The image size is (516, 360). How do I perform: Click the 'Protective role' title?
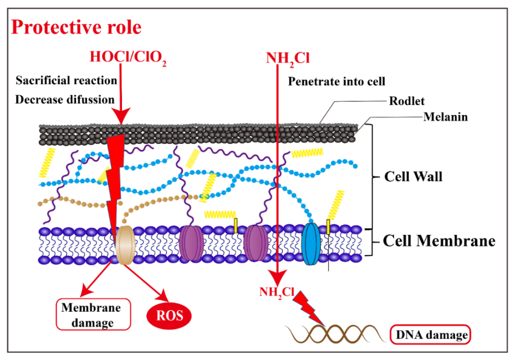(76, 27)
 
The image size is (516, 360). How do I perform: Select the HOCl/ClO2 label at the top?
(128, 57)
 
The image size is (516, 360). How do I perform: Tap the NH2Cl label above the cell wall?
(288, 58)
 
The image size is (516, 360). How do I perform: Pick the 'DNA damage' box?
(430, 334)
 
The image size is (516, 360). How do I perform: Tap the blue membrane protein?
(311, 245)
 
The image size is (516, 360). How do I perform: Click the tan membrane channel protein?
(124, 245)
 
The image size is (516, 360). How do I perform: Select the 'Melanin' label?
(445, 117)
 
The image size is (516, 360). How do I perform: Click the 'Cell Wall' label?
(413, 177)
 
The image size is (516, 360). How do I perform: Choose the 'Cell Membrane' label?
(439, 241)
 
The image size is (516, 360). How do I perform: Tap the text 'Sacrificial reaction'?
(66, 81)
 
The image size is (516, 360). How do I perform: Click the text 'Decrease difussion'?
(65, 99)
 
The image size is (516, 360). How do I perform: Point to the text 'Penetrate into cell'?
(337, 81)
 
